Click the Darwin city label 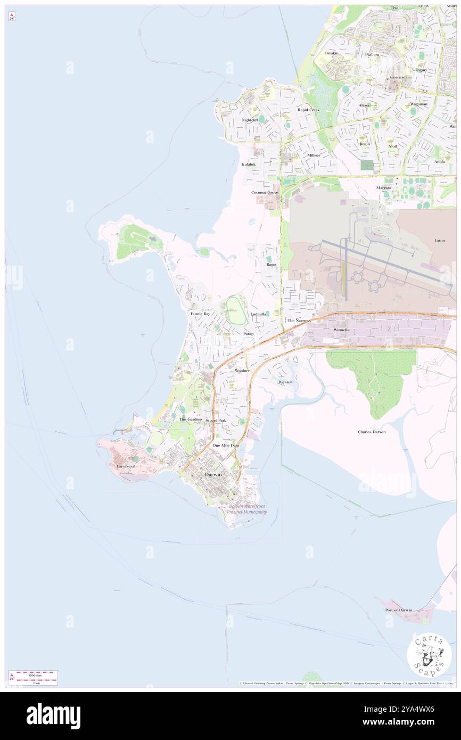pyautogui.click(x=213, y=474)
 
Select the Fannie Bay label pyautogui.click(x=200, y=314)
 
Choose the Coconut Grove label pyautogui.click(x=265, y=192)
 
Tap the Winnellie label pyautogui.click(x=341, y=330)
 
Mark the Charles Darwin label pyautogui.click(x=372, y=432)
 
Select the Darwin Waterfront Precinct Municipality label pyautogui.click(x=247, y=509)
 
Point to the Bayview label pyautogui.click(x=286, y=382)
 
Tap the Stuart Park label pyautogui.click(x=216, y=421)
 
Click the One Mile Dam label pyautogui.click(x=226, y=445)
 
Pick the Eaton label pyautogui.click(x=440, y=241)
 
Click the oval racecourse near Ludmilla pyautogui.click(x=236, y=311)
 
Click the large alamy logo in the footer pyautogui.click(x=53, y=716)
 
